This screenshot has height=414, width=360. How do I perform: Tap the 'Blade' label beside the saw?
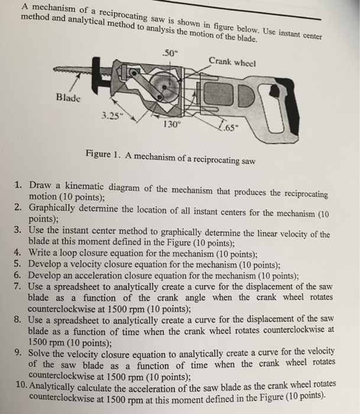coord(68,98)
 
